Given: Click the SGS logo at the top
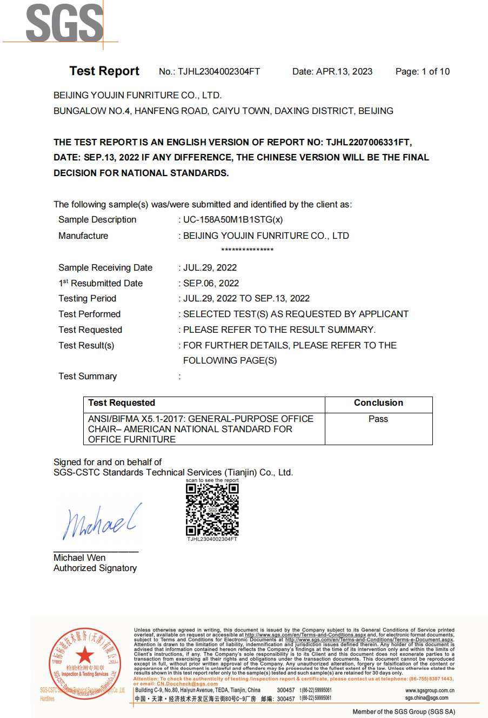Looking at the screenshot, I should coord(64,23).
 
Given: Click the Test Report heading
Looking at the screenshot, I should coord(104,71).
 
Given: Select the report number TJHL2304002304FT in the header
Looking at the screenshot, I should coord(219,72).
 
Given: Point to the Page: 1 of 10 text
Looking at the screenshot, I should coord(422,72).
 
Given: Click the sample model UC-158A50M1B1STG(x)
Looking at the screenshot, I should coord(233,220).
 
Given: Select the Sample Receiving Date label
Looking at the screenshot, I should coord(105,268).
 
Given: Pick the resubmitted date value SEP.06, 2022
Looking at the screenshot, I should coord(211,284).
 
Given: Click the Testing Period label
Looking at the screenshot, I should coord(87,299).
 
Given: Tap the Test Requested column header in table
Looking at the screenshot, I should coord(122,403).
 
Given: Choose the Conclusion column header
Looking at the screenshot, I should coord(378,403).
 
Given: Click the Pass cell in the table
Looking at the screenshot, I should coord(378,419).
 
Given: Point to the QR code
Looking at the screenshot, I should coord(212,509).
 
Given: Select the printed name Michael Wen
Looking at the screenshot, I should coord(79,558).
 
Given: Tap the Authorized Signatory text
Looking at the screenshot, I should coord(95,568).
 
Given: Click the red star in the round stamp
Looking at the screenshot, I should coord(85,656).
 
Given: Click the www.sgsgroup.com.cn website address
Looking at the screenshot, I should coord(430,690).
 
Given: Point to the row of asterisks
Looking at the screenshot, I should coord(247,250).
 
